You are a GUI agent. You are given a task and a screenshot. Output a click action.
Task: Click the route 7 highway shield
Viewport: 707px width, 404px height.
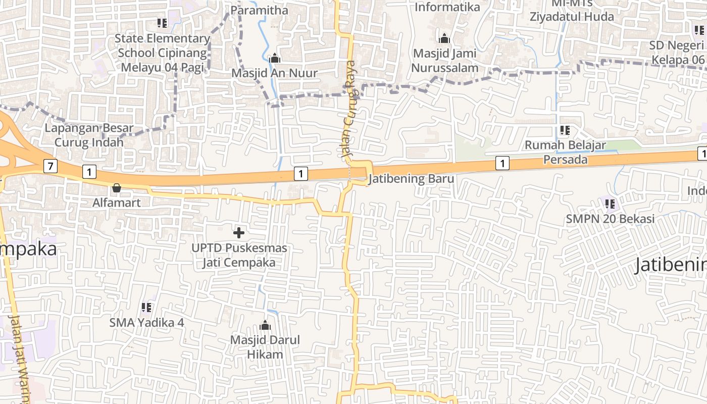pos(50,166)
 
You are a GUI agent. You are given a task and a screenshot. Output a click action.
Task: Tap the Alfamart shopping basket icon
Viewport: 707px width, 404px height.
pos(117,188)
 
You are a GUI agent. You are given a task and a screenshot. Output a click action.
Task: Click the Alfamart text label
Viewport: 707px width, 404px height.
pos(116,203)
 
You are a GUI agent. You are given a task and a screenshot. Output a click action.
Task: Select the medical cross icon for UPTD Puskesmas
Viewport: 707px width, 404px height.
pos(239,233)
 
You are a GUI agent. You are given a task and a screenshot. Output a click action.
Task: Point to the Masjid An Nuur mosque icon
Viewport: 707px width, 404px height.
pos(275,59)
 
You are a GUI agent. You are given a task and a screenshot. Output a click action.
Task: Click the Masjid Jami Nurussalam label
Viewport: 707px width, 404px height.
pos(444,60)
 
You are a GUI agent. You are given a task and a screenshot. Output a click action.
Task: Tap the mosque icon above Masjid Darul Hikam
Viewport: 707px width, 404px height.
pos(265,325)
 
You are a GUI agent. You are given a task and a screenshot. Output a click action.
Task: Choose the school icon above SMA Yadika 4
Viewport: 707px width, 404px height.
pos(146,307)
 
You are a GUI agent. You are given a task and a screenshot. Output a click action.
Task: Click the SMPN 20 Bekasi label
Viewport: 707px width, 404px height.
pos(610,219)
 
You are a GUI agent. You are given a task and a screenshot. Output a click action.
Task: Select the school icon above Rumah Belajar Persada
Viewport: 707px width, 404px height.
pos(565,130)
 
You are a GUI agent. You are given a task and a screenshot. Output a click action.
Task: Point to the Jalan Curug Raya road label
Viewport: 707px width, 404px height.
pos(349,109)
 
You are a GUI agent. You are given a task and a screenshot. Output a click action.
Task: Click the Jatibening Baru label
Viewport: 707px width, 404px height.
pos(411,179)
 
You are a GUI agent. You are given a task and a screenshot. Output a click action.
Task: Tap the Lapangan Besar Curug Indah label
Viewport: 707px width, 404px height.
pos(89,135)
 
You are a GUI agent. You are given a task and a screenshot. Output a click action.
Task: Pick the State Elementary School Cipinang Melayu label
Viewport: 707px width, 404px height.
pos(162,53)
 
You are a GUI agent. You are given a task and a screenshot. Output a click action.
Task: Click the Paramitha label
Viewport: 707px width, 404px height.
pos(259,10)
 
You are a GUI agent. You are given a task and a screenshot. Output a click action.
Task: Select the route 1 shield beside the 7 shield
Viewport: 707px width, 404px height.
pos(89,172)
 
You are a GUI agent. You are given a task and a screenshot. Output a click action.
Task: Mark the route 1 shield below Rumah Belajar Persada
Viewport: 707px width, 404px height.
pos(502,163)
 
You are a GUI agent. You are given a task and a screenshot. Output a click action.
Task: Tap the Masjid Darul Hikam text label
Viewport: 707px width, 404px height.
pos(265,347)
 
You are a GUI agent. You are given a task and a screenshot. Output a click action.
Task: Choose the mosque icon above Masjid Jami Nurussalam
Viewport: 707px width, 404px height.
pos(444,38)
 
